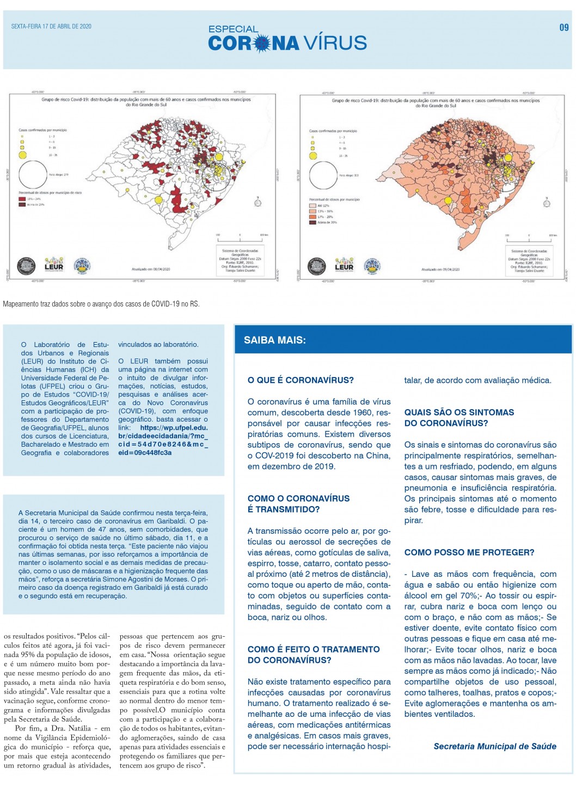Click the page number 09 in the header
pos(564,28)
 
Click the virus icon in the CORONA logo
pos(263,43)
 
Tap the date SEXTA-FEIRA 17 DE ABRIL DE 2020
pos(51,26)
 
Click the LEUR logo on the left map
pos(53,265)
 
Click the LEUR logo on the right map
pos(344,265)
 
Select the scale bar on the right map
pos(528,236)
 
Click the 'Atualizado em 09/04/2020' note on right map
pos(440,270)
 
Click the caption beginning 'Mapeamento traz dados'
pos(101,304)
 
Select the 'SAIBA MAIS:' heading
pos(275,340)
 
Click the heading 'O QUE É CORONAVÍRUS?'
pos(301,380)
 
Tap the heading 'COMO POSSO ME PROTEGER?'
pos(469,552)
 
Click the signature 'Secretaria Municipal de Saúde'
pos(495,746)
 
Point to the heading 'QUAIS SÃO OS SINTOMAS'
pos(459,412)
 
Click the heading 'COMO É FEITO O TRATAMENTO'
pos(314,649)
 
